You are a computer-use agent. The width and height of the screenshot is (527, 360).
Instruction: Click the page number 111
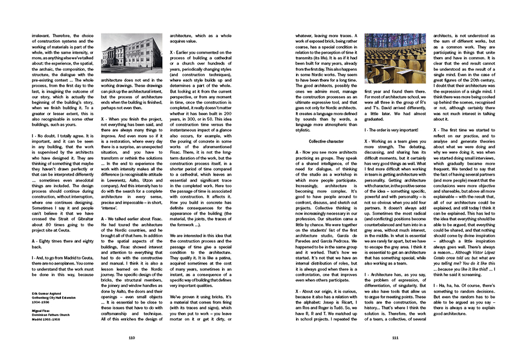(395, 337)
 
